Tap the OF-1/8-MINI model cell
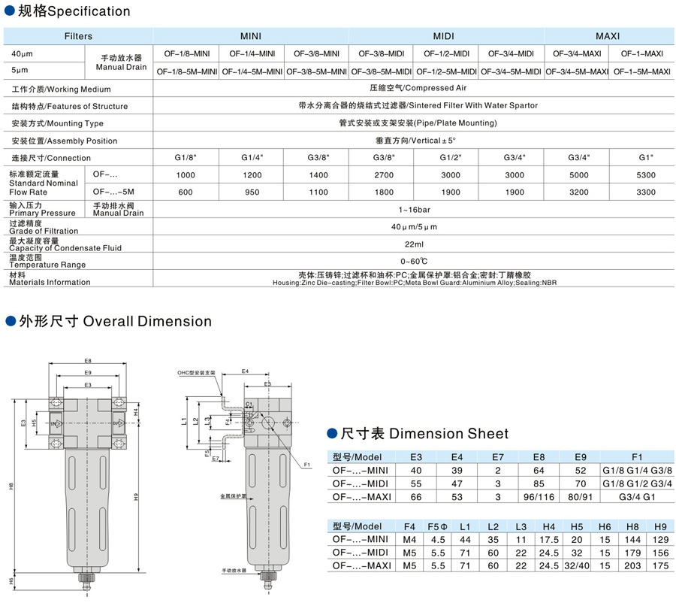click(186, 54)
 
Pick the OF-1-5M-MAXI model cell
click(641, 71)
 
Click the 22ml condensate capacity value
click(413, 244)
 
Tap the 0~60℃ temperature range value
click(413, 261)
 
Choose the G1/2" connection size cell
click(445, 158)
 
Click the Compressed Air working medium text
click(413, 89)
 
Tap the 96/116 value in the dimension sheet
click(539, 497)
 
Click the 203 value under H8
click(632, 566)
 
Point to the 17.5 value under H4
click(548, 539)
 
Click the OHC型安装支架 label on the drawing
click(196, 373)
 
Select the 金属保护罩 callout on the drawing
click(233, 497)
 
